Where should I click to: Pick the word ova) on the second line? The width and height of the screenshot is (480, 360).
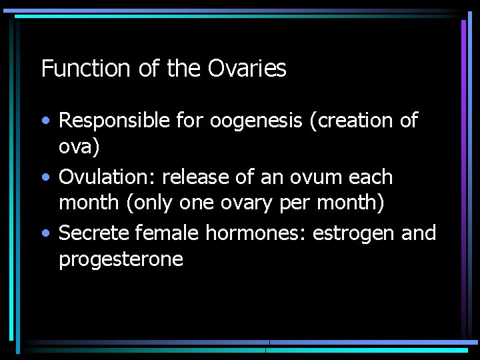[79, 147]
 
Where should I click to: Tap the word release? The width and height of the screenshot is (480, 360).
[194, 177]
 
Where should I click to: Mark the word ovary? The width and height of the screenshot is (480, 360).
[250, 203]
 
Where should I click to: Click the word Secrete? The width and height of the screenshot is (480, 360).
[94, 233]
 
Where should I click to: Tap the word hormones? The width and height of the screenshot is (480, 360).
[256, 233]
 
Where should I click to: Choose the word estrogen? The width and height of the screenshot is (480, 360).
[354, 234]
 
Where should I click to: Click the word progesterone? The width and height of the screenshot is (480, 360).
[121, 259]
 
